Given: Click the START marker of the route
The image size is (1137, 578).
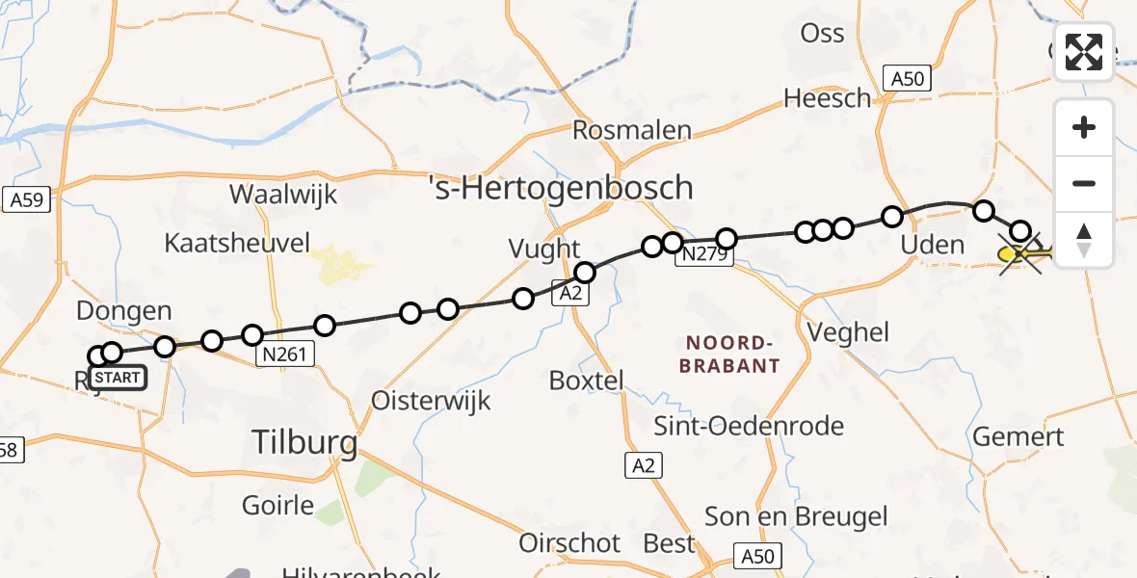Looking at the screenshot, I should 119,378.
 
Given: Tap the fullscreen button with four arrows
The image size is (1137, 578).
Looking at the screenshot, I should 1084,52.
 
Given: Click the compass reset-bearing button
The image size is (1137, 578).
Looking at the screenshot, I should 1084,239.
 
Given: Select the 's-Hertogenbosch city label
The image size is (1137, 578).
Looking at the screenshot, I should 561,187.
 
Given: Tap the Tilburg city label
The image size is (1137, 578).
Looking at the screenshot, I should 304,443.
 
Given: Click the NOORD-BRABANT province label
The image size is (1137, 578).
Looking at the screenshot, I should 729,354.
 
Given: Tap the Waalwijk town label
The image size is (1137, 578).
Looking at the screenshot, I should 283,194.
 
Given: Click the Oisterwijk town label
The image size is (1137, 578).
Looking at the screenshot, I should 432,400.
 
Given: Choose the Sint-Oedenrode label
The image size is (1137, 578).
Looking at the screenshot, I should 749,426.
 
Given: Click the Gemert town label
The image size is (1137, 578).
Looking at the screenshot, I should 1018,436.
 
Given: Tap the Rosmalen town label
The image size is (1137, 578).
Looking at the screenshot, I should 632,130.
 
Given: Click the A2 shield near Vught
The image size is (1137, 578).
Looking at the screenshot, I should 570,293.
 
